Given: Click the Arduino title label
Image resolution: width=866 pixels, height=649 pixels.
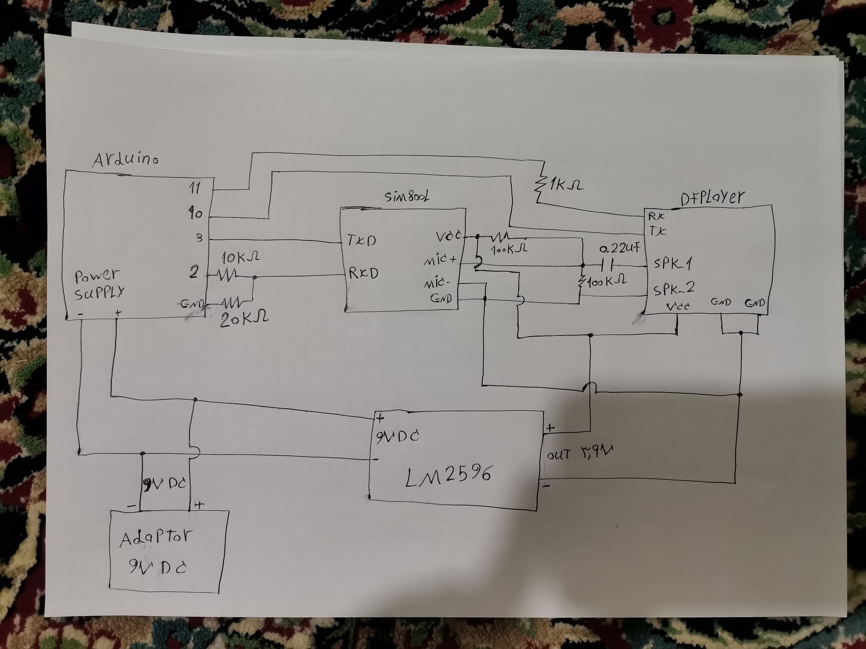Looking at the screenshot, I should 125,160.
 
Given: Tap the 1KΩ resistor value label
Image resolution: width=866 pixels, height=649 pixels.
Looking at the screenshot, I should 566,185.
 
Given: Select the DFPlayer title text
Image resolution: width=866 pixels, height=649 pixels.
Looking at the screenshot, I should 713,197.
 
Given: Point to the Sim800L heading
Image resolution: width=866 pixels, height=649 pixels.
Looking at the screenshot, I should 407,197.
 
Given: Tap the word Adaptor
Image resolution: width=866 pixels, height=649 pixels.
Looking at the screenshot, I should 156,538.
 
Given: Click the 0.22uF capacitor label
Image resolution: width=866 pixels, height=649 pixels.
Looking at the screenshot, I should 619,248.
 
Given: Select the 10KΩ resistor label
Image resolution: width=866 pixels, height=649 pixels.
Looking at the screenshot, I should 240,258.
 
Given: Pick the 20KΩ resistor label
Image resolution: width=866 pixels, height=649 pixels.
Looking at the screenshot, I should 244,320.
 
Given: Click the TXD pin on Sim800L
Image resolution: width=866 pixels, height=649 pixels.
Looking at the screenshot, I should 362,240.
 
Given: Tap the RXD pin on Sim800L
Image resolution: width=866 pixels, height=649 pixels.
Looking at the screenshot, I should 363,273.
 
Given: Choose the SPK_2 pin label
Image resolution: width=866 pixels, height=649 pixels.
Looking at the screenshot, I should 674,288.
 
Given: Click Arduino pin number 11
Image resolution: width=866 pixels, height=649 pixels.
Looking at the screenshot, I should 194,187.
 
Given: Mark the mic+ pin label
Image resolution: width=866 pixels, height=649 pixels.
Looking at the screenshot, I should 440,261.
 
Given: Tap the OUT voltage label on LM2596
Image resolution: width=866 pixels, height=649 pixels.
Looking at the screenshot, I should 580,453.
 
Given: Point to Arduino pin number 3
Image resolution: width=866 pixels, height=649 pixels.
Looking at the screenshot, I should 199,238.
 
